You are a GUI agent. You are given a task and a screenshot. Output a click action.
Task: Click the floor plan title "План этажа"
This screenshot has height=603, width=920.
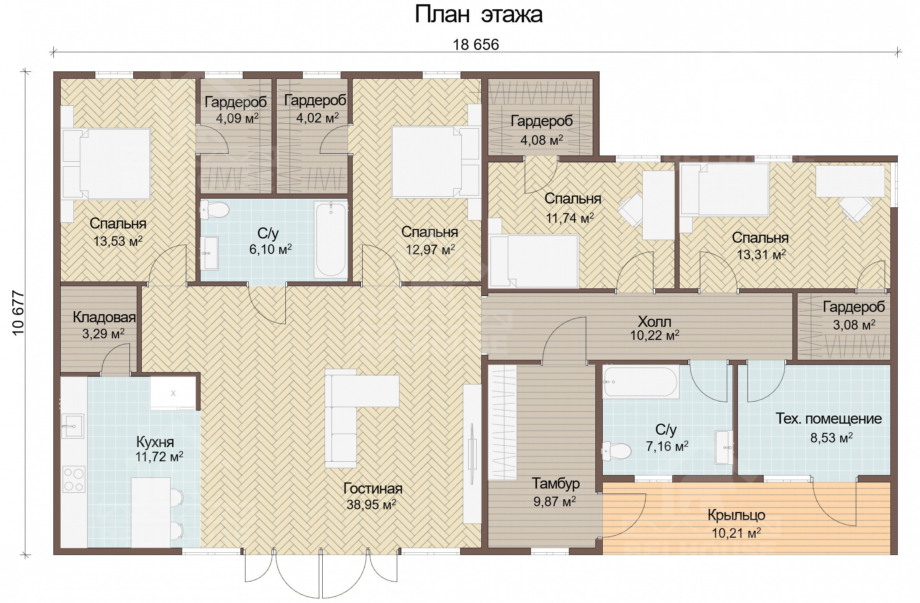[479, 15]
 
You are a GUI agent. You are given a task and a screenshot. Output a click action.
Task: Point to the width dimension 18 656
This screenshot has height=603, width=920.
[476, 45]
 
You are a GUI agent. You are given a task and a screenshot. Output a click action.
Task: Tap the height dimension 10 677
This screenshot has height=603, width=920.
[18, 313]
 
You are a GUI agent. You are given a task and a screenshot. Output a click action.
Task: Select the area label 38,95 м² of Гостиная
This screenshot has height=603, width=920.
[371, 505]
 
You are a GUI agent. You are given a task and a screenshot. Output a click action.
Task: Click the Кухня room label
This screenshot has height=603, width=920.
[155, 442]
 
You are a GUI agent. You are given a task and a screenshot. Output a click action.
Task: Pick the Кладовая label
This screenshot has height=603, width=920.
[104, 317]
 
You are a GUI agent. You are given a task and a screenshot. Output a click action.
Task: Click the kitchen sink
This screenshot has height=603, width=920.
[73, 426]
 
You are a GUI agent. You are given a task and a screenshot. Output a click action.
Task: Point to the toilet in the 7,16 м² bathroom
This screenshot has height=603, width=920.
[616, 451]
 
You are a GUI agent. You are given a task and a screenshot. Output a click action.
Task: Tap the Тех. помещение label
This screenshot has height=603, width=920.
[829, 419]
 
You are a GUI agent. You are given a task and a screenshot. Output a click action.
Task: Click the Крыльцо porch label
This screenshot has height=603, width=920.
[736, 515]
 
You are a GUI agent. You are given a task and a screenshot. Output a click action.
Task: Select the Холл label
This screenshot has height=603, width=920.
[654, 321]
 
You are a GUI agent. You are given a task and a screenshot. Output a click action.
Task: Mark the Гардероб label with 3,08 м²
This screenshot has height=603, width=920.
[854, 307]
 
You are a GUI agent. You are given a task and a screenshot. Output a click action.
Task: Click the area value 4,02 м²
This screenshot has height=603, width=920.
[317, 118]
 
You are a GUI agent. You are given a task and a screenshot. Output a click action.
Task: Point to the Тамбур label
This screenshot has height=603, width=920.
[555, 484]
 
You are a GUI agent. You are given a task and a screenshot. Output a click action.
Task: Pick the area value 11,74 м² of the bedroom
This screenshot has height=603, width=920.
[569, 219]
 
